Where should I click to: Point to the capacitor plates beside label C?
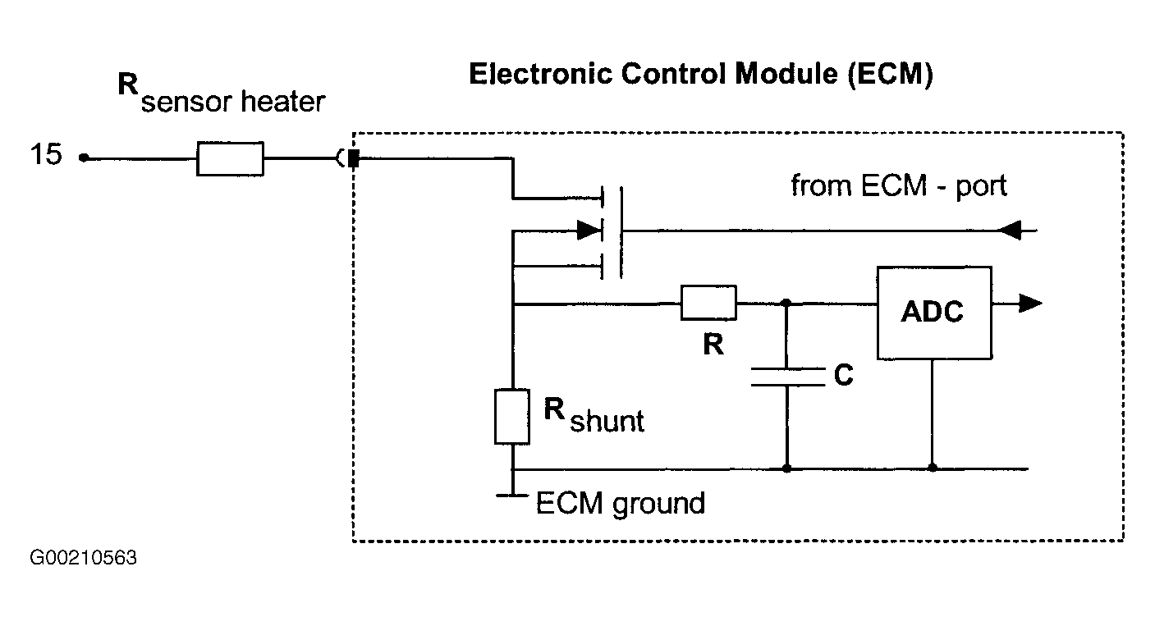tap(787, 377)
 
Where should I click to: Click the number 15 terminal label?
tap(46, 154)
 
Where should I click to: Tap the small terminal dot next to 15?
tap(84, 158)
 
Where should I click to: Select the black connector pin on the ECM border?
tap(354, 158)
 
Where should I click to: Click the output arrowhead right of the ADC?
tap(1030, 304)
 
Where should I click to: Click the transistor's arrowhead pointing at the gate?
tap(589, 231)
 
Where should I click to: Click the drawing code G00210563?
tap(83, 558)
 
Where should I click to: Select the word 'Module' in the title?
tap(787, 74)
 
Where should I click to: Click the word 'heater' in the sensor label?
tap(282, 101)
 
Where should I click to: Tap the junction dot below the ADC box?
tap(933, 468)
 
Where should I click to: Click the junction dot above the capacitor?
tap(786, 303)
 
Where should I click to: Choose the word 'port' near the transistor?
tap(981, 187)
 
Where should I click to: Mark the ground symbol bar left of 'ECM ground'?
tap(512, 496)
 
